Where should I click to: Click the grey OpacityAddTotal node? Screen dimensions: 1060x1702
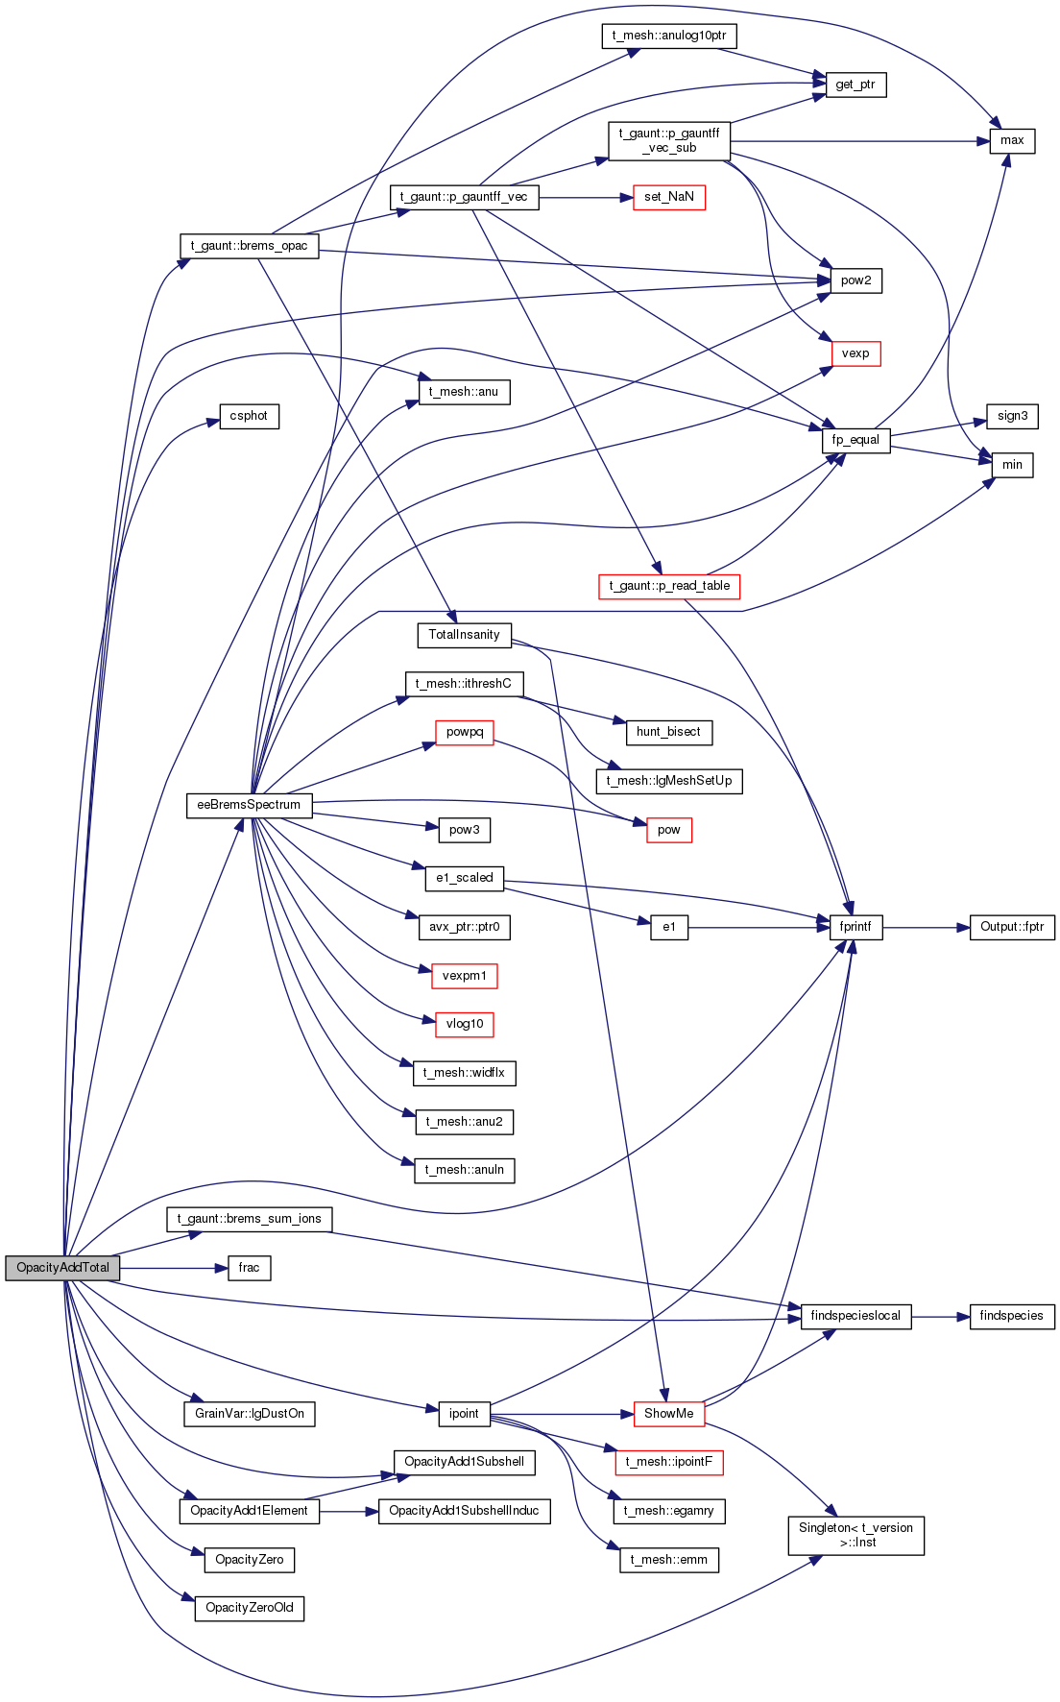click(x=62, y=1268)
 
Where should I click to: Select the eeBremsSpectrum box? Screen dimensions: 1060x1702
click(x=249, y=805)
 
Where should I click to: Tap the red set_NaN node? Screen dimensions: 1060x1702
click(x=669, y=197)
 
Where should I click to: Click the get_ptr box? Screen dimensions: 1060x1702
click(x=855, y=85)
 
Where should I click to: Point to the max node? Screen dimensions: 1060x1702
click(x=1012, y=140)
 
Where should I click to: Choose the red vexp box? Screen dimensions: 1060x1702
click(x=855, y=353)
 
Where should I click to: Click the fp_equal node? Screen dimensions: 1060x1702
click(x=855, y=440)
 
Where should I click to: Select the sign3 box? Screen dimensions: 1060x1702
click(x=1012, y=416)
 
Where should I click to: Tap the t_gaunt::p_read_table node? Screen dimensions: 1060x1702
click(x=669, y=586)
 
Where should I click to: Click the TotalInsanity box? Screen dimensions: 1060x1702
click(x=464, y=635)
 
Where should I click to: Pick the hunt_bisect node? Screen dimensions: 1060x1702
click(x=668, y=732)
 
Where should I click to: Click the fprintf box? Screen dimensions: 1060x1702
click(x=855, y=927)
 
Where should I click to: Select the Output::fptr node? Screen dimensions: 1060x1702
click(x=1012, y=927)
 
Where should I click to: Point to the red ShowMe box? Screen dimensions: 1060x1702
click(x=669, y=1414)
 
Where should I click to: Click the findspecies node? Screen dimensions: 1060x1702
click(x=1012, y=1316)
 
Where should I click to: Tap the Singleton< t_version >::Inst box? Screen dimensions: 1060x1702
click(x=856, y=1535)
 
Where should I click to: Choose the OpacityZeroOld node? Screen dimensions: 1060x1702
click(x=250, y=1608)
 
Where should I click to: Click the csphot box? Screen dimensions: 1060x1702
click(x=250, y=416)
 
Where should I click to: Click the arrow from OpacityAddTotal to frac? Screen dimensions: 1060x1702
click(x=174, y=1268)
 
